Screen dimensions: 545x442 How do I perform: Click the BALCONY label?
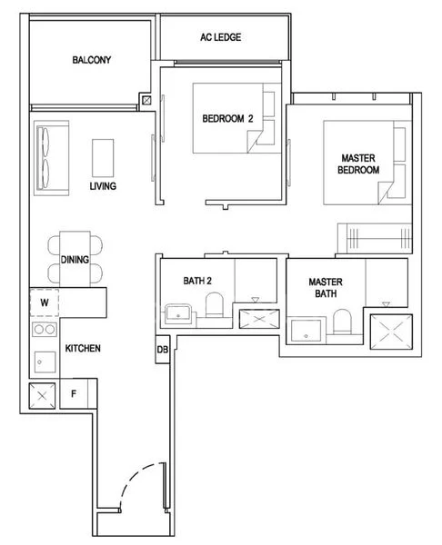pos(91,61)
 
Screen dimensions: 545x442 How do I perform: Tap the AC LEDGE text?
pos(222,38)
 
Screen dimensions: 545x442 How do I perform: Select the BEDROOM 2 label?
pos(226,118)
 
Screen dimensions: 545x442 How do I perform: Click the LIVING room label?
pos(103,186)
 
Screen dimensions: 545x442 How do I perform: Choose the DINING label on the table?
pos(75,259)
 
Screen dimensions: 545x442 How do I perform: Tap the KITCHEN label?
pos(82,349)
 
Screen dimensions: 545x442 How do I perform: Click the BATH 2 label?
pos(196,281)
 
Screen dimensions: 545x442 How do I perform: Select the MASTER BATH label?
pos(325,288)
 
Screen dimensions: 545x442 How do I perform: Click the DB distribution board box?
pos(163,350)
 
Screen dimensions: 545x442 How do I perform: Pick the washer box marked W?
pos(44,302)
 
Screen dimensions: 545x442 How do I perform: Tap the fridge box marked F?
pos(75,394)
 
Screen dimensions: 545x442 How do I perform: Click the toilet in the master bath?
pos(342,323)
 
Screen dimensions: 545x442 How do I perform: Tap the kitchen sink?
pos(43,362)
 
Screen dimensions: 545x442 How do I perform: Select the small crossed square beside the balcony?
pos(146,101)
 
